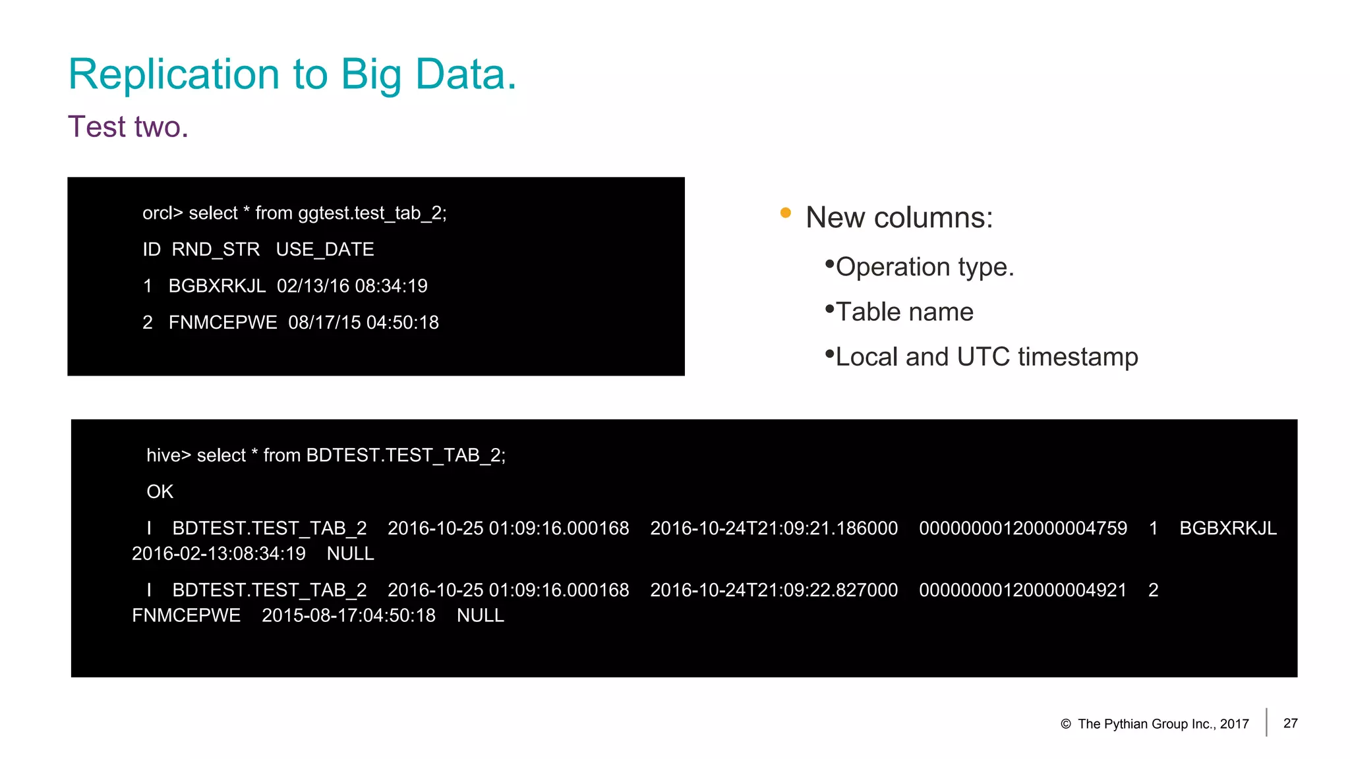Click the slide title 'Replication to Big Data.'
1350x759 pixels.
click(292, 74)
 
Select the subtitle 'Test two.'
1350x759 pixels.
click(128, 126)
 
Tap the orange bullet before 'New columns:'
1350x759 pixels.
click(785, 213)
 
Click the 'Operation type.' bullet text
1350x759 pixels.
click(924, 267)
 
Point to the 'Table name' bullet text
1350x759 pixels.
click(904, 312)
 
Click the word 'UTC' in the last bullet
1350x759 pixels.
click(983, 356)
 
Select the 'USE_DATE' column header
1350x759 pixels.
click(325, 249)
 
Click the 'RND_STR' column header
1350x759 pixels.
click(216, 249)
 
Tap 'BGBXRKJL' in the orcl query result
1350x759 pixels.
click(217, 286)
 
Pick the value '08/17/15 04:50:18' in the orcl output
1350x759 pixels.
click(363, 322)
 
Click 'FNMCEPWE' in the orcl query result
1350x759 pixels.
click(223, 322)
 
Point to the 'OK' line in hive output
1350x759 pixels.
click(160, 492)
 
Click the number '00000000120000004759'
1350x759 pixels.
click(1023, 528)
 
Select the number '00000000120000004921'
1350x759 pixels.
click(1023, 590)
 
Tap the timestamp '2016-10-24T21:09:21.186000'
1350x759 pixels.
click(774, 528)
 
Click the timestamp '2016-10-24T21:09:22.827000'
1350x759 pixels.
click(774, 590)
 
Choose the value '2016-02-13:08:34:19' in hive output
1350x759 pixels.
click(219, 553)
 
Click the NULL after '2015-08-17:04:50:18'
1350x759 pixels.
click(481, 615)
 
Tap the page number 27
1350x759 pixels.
click(1290, 723)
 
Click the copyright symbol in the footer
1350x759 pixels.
click(1065, 724)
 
